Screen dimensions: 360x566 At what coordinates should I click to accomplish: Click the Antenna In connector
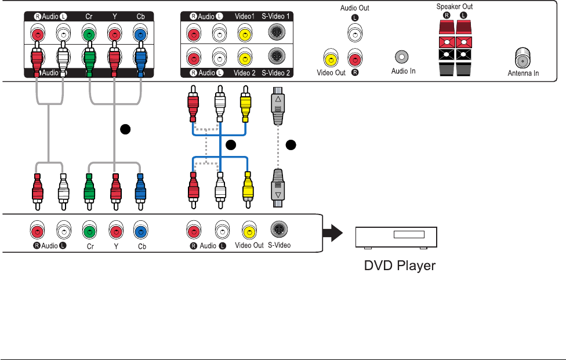[523, 59]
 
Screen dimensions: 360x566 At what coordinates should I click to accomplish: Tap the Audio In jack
[401, 57]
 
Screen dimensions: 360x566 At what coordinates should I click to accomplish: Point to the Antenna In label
[523, 73]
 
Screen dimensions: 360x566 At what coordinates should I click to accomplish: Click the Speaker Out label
[456, 6]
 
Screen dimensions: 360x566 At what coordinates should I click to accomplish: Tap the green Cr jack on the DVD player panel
[89, 231]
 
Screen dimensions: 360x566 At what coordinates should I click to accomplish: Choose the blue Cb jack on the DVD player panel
[139, 231]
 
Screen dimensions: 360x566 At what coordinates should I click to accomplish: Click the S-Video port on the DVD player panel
[277, 230]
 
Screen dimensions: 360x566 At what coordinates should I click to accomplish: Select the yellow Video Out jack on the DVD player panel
[249, 231]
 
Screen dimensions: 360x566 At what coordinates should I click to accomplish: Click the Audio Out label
[355, 8]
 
